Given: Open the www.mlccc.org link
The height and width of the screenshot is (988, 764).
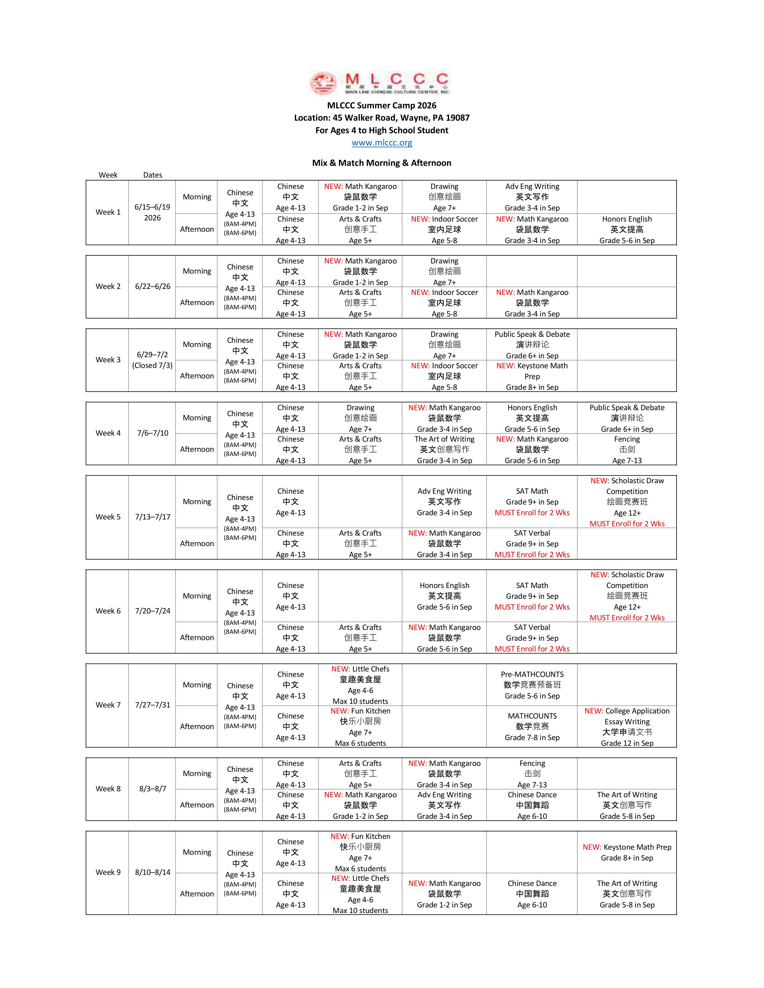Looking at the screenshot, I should [x=381, y=143].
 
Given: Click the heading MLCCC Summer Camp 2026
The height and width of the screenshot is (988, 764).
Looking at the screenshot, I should [x=381, y=105].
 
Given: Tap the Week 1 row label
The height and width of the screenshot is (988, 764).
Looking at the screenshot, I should [x=108, y=212].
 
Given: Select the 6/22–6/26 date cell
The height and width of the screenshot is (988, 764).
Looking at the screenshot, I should [x=153, y=286].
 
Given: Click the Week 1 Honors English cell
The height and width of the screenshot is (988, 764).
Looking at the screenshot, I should [x=627, y=229].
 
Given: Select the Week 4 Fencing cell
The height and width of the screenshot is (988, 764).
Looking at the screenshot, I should [x=627, y=449].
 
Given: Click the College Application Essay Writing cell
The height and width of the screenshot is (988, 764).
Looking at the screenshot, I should [x=627, y=727].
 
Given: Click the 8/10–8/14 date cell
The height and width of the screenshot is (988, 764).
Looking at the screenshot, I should [x=153, y=872].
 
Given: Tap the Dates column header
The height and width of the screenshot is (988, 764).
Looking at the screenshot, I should [x=153, y=175].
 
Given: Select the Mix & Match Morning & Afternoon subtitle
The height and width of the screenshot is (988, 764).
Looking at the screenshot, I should [x=381, y=163].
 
